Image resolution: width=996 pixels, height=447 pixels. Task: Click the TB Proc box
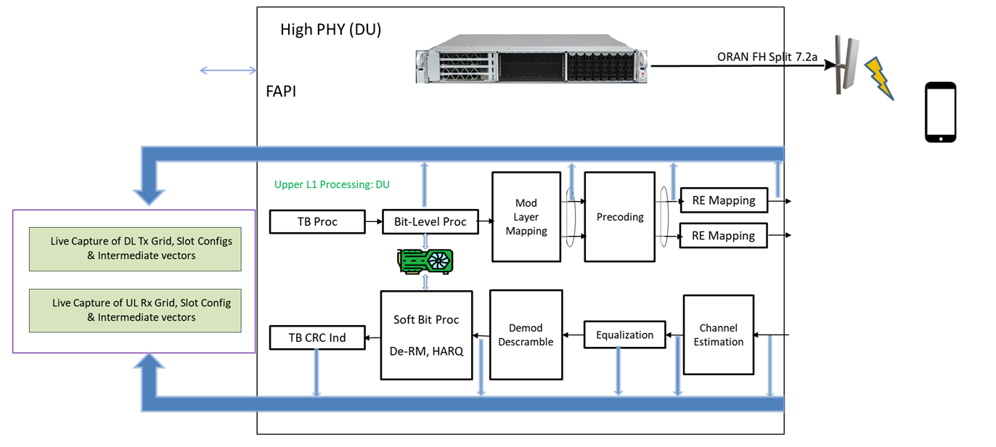click(x=317, y=221)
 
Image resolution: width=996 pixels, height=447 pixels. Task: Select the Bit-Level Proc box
click(x=430, y=221)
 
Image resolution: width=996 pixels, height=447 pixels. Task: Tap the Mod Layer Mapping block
click(x=526, y=216)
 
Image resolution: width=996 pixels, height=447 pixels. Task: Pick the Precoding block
click(x=619, y=216)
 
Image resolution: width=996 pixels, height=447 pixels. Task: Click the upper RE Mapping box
click(x=723, y=200)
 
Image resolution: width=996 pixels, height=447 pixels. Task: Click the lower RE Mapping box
click(x=723, y=236)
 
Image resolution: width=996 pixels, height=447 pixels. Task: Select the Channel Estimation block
click(x=718, y=335)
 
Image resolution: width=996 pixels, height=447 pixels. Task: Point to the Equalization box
click(x=624, y=335)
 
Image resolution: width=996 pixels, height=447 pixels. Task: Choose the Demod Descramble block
click(x=526, y=335)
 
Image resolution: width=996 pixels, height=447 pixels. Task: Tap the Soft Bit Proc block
click(x=426, y=335)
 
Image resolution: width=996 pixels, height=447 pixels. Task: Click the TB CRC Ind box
click(x=317, y=337)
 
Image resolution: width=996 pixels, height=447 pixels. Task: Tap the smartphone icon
click(x=940, y=112)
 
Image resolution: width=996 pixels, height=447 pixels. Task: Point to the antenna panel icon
click(x=844, y=65)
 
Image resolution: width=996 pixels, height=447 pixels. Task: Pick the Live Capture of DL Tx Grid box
click(x=135, y=248)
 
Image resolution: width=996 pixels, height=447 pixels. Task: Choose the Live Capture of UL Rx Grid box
click(x=135, y=310)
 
